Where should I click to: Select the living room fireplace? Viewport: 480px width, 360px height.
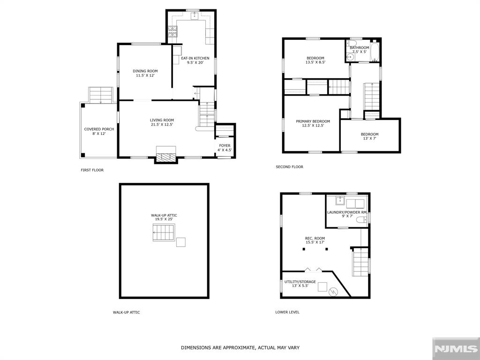tap(166, 154)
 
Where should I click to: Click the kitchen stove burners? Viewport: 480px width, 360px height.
tap(172, 31)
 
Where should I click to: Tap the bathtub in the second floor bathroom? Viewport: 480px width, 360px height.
tap(375, 52)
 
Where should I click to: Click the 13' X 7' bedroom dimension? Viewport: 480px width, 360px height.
tap(369, 138)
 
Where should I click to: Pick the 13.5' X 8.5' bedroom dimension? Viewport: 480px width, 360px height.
tap(315, 62)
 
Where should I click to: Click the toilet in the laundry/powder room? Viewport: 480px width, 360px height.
tap(362, 219)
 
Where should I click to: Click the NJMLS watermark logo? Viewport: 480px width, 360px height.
tap(456, 349)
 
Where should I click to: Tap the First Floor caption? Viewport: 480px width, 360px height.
tap(92, 170)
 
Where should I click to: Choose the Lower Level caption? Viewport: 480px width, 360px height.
tap(287, 312)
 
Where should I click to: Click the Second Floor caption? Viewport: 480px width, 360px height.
tap(289, 167)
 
